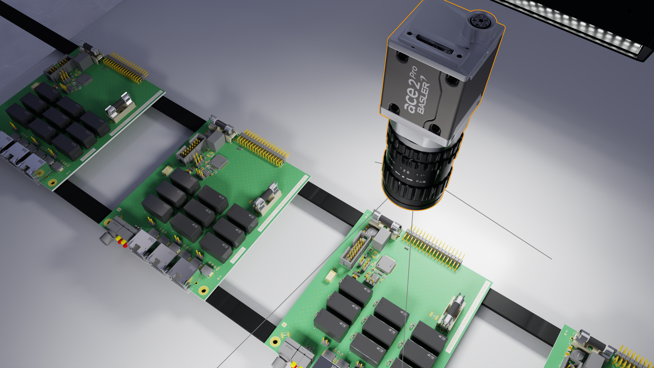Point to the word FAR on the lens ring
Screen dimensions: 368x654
pyautogui.click(x=421, y=182)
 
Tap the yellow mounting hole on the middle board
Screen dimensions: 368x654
pyautogui.click(x=203, y=289)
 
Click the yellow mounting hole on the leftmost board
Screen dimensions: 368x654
pyautogui.click(x=53, y=182)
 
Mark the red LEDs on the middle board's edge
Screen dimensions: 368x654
pyautogui.click(x=121, y=241)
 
